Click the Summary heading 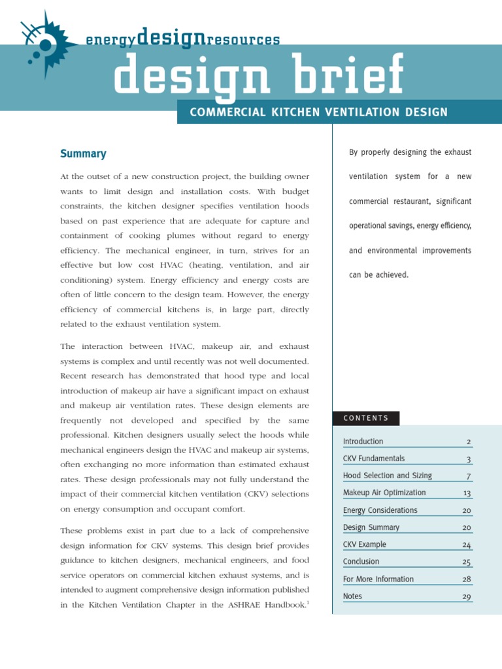pos(83,154)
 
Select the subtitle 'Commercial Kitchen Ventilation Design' pos(318,112)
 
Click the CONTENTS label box pos(366,418)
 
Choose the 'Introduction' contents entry pos(363,442)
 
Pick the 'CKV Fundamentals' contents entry pos(373,459)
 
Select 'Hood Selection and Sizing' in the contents pos(387,476)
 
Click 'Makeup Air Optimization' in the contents pos(384,493)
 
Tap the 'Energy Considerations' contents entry pos(380,510)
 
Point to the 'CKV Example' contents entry pos(364,544)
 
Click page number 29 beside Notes pos(466,596)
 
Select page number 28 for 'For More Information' pos(466,579)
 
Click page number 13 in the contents pos(467,493)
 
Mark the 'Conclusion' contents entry pos(361,561)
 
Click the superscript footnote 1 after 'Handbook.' pos(308,602)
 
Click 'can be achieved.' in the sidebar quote pos(378,275)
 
